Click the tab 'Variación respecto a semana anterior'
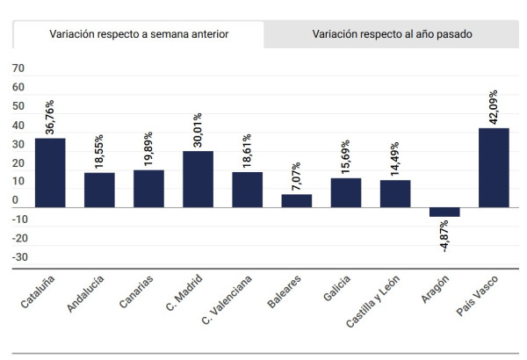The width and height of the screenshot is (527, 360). click(139, 35)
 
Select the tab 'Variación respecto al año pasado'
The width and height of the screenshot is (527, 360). click(392, 35)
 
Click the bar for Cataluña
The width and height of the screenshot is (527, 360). click(50, 172)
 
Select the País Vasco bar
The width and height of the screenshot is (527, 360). click(494, 167)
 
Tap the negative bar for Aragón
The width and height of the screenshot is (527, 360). click(444, 212)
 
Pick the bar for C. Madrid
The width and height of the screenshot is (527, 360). click(198, 178)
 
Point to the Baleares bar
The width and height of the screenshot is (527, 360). click(296, 200)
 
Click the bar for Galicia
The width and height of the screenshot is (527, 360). click(345, 192)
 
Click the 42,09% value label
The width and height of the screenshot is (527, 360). click(494, 107)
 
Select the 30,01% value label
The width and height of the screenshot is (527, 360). click(198, 130)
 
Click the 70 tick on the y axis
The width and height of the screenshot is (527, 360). click(19, 69)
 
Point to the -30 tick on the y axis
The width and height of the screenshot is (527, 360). click(19, 258)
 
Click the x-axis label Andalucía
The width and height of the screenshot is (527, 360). click(86, 294)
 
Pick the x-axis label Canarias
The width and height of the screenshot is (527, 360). click(137, 292)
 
